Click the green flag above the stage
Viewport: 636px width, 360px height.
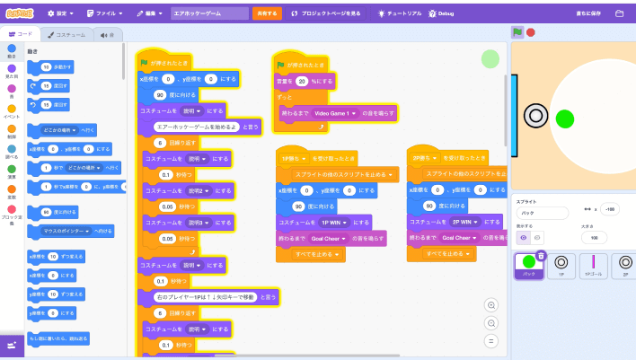click(x=517, y=32)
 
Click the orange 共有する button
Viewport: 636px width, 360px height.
click(x=267, y=13)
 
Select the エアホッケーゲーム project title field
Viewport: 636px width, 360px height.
click(x=208, y=13)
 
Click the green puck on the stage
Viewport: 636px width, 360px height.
click(x=564, y=118)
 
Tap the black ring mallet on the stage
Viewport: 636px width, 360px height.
click(x=535, y=115)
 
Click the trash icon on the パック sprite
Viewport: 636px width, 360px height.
click(x=541, y=256)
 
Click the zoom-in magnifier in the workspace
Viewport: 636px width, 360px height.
click(x=490, y=305)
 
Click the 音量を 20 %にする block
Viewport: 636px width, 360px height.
click(x=302, y=81)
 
